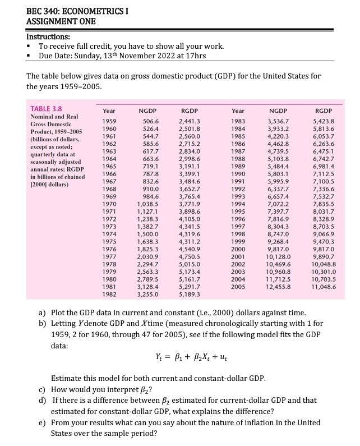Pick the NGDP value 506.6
coord(151,121)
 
